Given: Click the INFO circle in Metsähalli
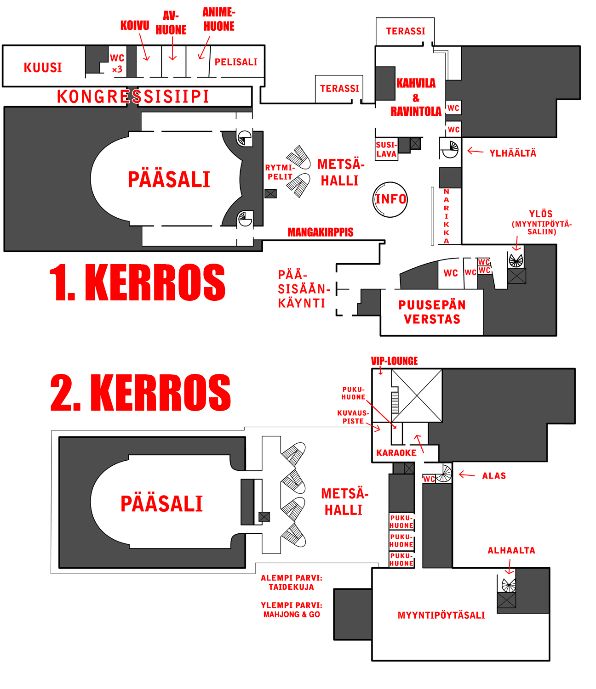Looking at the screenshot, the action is tap(390, 200).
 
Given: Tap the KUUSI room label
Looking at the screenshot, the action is tap(43, 68).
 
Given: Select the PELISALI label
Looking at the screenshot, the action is tap(236, 62).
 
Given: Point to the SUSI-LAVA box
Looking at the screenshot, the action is tap(386, 149).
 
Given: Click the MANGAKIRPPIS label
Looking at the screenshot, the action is tap(321, 232).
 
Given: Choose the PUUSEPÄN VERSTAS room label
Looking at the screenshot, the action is tap(432, 312).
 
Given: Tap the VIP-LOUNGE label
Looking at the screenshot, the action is tap(394, 361).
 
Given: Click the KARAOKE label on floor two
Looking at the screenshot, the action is tap(396, 452).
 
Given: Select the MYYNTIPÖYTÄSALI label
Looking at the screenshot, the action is tap(441, 616).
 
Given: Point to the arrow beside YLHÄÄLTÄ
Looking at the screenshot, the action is tap(475, 151).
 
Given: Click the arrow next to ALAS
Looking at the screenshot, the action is tap(467, 474).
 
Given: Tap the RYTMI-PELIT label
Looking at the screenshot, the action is tap(280, 172).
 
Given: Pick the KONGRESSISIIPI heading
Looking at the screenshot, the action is tap(133, 97).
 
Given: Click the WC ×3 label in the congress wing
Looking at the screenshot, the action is tap(117, 64).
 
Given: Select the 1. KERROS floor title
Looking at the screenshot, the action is tap(137, 282).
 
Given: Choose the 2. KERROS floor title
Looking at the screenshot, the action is tap(140, 392).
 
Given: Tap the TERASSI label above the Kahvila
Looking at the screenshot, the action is tap(406, 31).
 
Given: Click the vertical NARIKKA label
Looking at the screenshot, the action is tap(447, 216).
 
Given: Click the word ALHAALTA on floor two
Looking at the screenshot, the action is tap(511, 550).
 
